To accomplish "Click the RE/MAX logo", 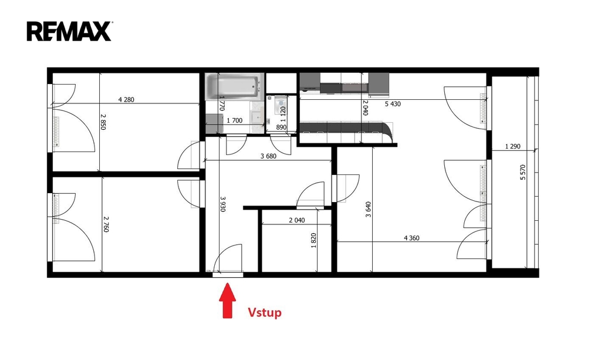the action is click(x=69, y=31).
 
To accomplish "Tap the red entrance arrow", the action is click(x=227, y=301).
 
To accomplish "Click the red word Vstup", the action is click(x=265, y=312).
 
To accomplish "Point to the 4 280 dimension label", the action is click(x=126, y=100).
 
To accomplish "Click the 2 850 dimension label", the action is click(x=103, y=122).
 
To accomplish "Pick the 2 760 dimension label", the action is click(x=106, y=224).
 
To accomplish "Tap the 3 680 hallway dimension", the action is click(x=268, y=156).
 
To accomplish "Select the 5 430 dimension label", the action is click(x=393, y=104).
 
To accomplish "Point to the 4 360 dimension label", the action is click(x=411, y=238).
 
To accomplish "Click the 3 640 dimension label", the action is click(x=369, y=209).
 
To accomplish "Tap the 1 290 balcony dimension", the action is click(x=513, y=146).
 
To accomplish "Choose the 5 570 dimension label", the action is click(x=523, y=172).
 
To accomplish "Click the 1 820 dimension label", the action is click(x=313, y=241).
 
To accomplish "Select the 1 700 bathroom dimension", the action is click(x=235, y=120).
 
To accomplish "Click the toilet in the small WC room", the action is click(x=281, y=103).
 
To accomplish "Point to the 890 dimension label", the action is click(x=281, y=127).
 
